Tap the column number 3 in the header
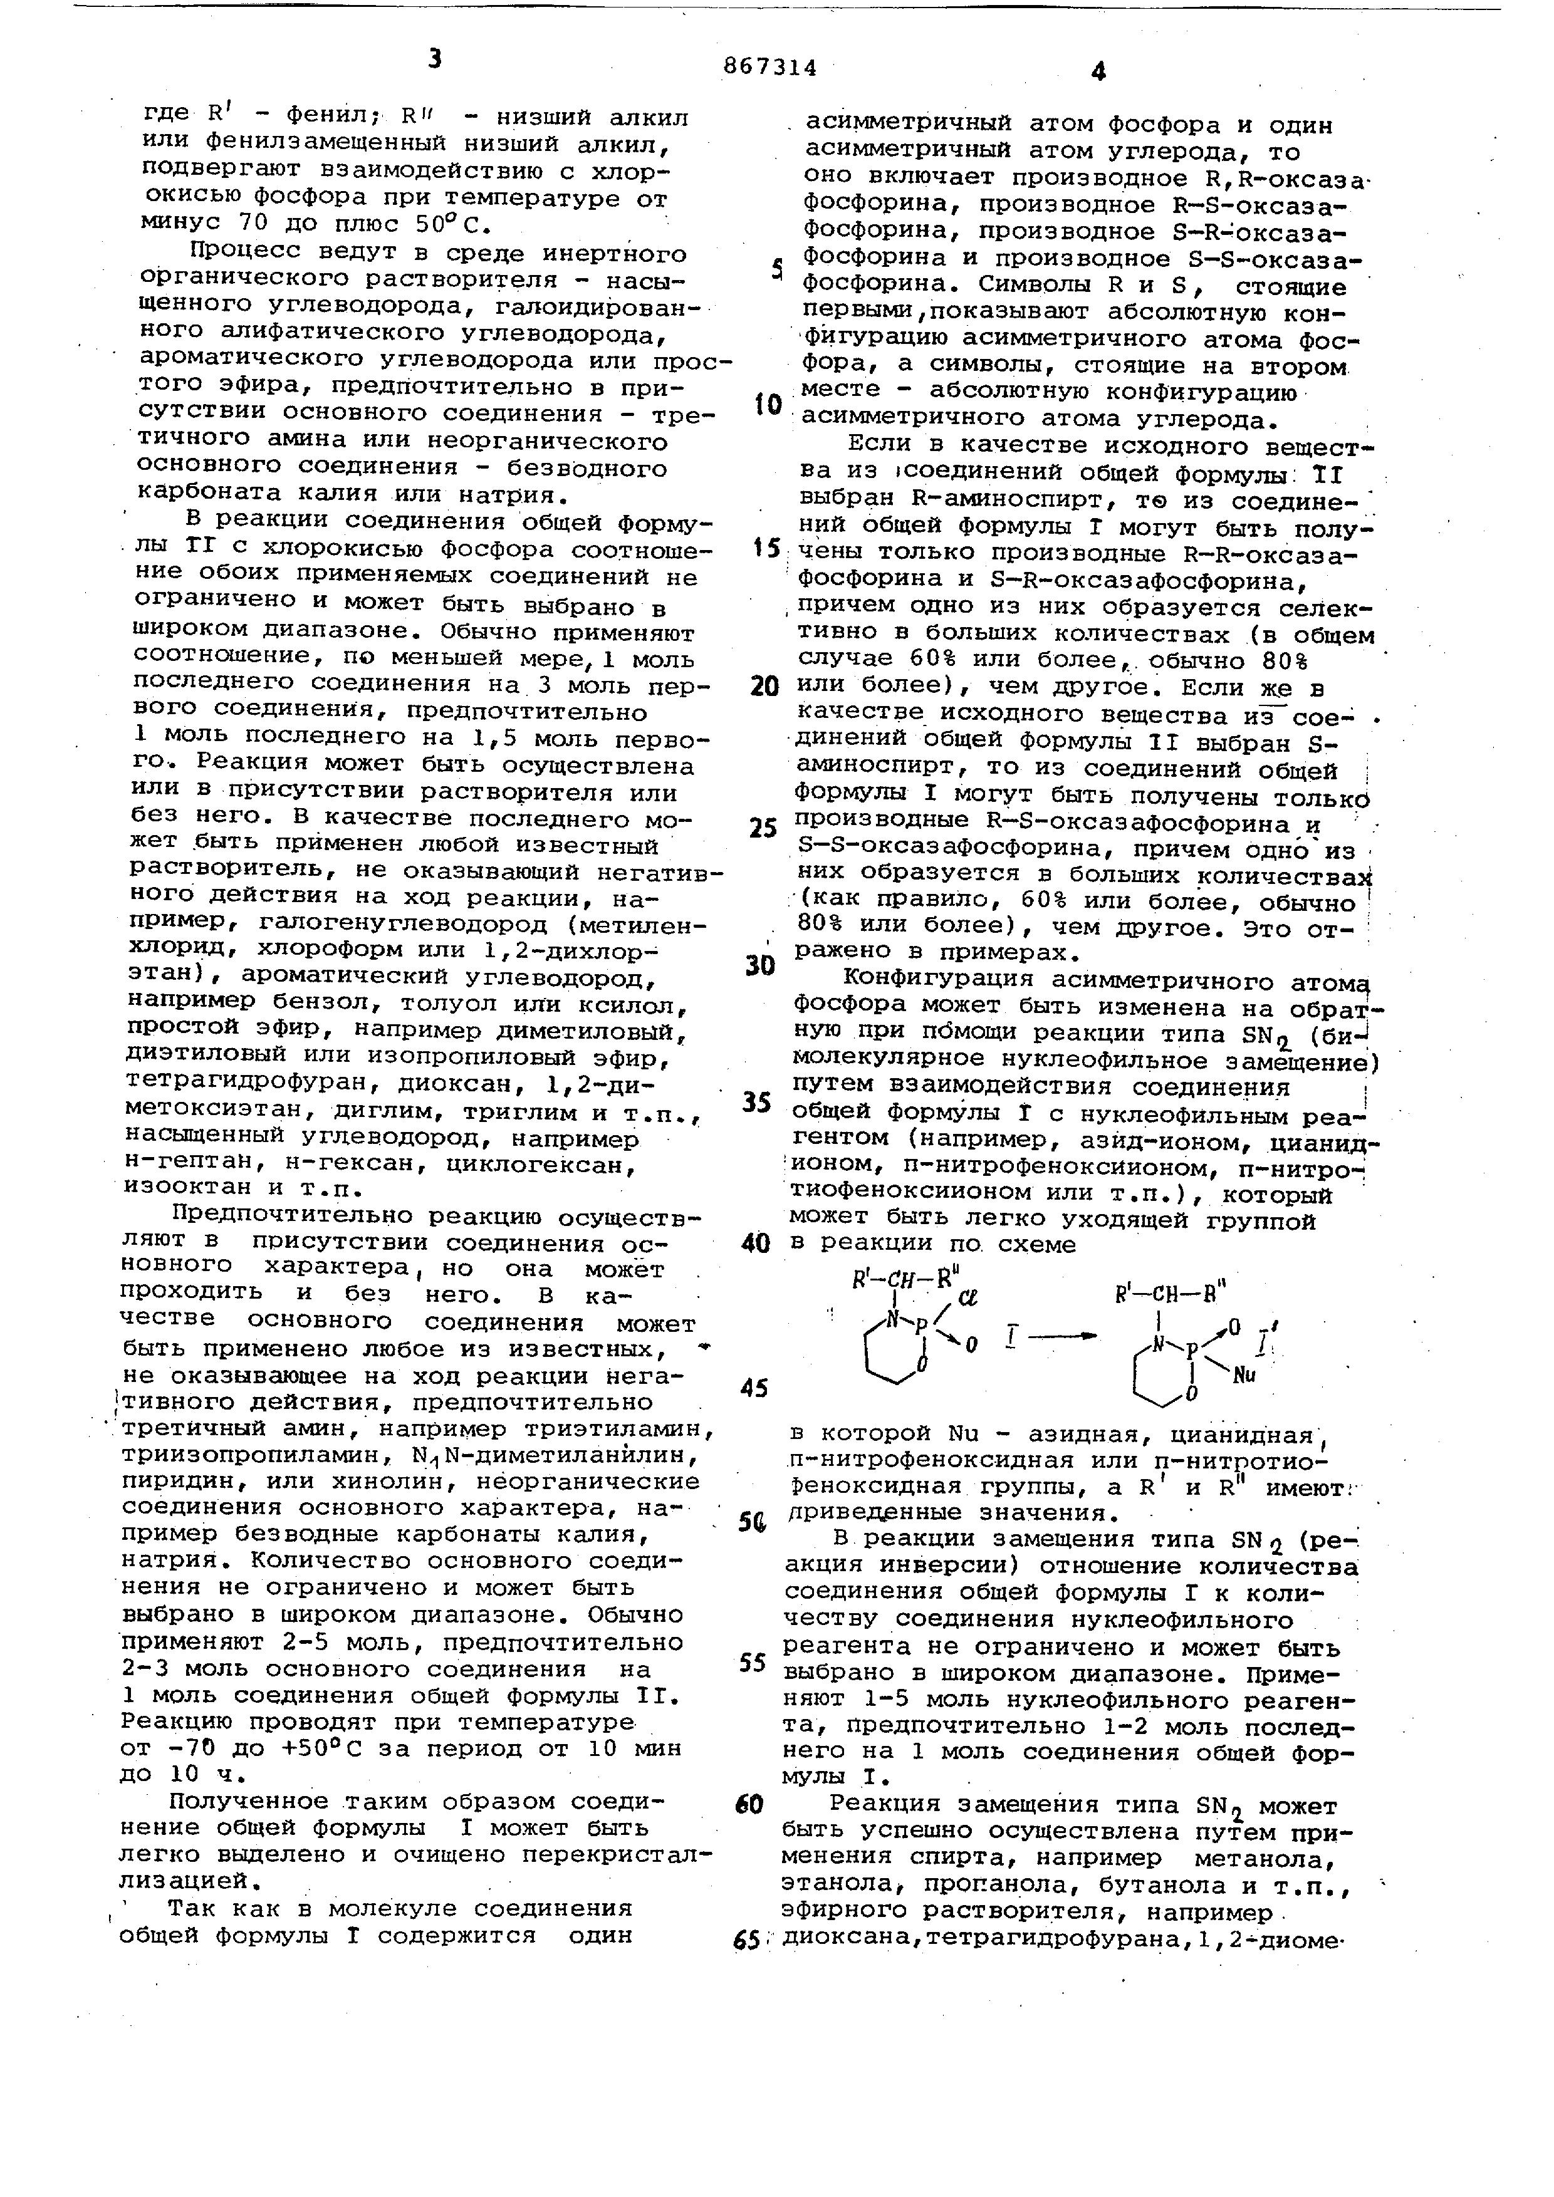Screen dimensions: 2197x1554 (435, 60)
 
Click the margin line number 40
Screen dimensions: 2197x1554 (756, 1243)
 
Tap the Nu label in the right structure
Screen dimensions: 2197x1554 (1244, 1376)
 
